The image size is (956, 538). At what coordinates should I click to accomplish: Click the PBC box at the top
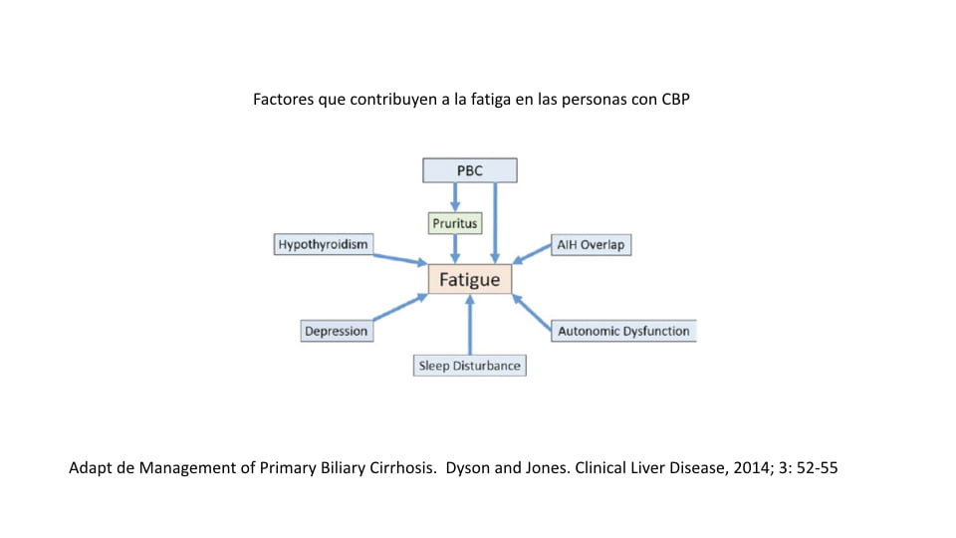pos(470,170)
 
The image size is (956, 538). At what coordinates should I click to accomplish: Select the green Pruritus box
pos(456,223)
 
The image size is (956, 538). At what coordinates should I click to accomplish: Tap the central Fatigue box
pos(470,279)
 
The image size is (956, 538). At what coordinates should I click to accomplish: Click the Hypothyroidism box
pos(323,244)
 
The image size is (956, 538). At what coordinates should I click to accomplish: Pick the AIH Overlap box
pos(591,245)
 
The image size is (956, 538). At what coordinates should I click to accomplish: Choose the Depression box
pos(337,331)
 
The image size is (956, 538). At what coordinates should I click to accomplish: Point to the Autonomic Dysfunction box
pos(623,331)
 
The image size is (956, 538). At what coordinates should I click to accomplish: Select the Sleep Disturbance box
pos(469,366)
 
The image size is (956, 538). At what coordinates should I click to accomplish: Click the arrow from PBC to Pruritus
pos(456,197)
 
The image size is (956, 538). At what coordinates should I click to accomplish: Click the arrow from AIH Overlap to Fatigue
pos(532,255)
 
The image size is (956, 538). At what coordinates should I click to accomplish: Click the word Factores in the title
pos(285,101)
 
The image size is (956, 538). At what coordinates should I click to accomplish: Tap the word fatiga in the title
pos(486,101)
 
